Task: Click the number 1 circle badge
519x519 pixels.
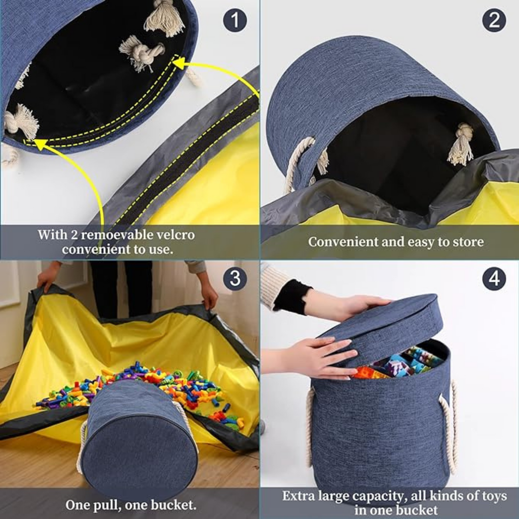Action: pos(235,20)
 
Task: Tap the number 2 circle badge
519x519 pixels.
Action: pos(494,20)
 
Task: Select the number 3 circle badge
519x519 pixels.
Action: pos(235,279)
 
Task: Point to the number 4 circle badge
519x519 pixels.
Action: pos(494,279)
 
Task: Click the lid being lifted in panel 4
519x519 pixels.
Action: pos(385,325)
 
